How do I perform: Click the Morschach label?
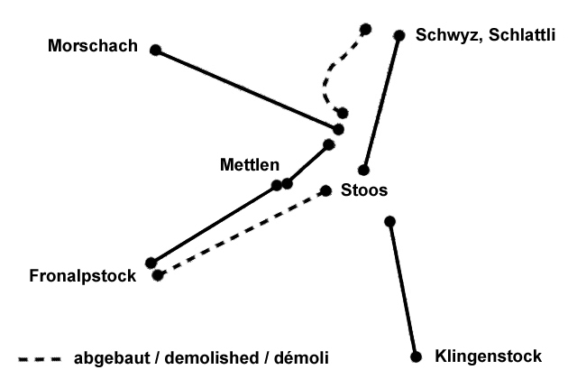coord(94,45)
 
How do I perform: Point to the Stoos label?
coord(365,190)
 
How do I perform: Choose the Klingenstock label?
coord(488,356)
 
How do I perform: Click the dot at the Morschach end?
coord(155,51)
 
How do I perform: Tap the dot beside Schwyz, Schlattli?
coord(399,35)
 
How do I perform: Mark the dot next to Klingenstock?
coord(416,356)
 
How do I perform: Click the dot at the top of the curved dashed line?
coord(364,29)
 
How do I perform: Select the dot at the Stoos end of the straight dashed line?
coord(326,190)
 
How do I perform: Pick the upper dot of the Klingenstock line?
coord(389,221)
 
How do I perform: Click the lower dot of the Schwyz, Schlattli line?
coord(363,170)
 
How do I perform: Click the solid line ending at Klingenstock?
coord(402,289)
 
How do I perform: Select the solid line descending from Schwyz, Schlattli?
coord(381,103)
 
